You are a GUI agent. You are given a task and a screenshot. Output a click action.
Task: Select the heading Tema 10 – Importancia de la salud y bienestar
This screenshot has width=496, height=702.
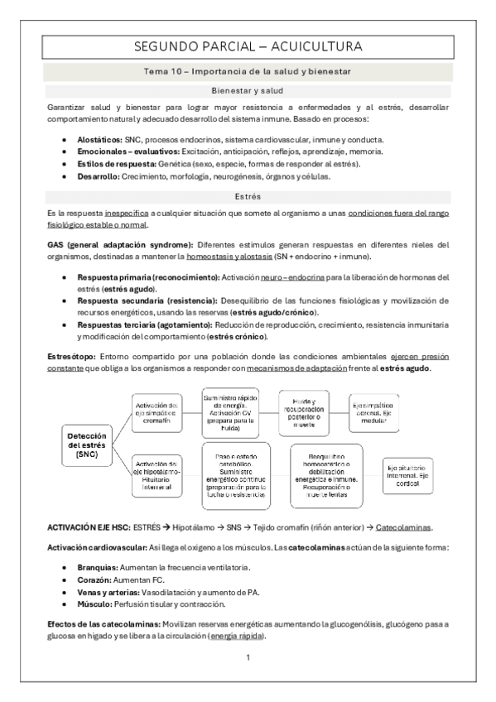click(x=248, y=72)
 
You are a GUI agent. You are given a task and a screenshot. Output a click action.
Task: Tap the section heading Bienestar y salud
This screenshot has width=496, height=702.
click(x=248, y=91)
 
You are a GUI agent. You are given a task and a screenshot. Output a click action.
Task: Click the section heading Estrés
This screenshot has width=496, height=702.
click(x=248, y=197)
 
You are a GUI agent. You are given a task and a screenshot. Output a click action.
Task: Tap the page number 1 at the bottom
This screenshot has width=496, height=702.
click(x=248, y=657)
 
